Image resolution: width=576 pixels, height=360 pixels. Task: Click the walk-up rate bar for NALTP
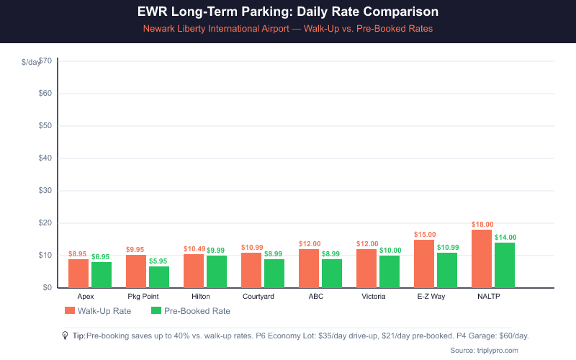click(x=482, y=258)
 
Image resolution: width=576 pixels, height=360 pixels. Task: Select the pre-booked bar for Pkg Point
click(x=159, y=277)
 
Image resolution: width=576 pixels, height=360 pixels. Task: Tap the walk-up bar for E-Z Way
click(x=424, y=264)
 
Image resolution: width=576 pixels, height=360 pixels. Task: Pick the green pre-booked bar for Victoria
click(x=390, y=271)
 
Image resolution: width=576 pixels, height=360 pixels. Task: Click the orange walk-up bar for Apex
click(x=78, y=274)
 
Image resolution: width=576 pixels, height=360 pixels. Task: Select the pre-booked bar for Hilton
click(x=217, y=271)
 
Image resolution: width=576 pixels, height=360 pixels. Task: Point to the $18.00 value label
click(x=482, y=225)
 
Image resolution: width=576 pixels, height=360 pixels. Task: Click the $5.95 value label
click(x=159, y=261)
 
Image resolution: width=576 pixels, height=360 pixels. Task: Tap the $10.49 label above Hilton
click(x=194, y=248)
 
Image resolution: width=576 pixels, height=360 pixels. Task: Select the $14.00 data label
click(x=505, y=238)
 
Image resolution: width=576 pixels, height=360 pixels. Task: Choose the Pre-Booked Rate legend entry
click(x=191, y=311)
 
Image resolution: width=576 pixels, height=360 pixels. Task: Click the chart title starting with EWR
click(x=287, y=13)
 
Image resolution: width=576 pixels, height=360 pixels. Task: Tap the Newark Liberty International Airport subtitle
click(x=287, y=29)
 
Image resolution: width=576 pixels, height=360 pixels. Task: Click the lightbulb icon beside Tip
click(x=65, y=336)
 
